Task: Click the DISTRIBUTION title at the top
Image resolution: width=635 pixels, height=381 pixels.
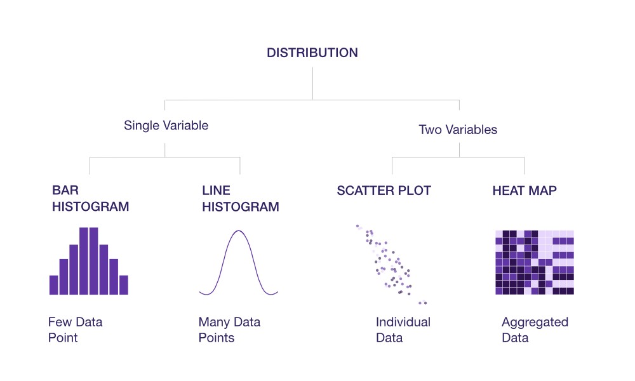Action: tap(312, 53)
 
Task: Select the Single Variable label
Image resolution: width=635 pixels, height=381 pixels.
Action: tap(166, 126)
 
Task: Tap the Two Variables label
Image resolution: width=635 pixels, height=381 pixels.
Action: tap(458, 130)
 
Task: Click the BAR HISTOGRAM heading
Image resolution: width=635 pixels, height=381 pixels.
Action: tap(90, 198)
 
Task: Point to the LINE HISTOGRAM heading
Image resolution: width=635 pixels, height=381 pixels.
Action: tap(241, 198)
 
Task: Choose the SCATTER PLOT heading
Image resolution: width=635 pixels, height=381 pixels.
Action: tap(384, 190)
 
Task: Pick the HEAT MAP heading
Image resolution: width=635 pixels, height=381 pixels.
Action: tap(525, 190)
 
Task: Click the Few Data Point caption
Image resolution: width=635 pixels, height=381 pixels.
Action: tap(76, 330)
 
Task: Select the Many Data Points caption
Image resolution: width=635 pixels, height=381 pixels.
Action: tap(229, 330)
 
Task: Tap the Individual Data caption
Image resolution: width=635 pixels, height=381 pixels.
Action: tap(403, 330)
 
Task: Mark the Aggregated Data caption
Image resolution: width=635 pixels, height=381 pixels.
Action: tap(535, 330)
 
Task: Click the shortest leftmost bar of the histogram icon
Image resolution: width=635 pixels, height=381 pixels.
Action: tap(54, 285)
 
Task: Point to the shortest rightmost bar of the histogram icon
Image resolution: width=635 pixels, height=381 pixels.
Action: tap(124, 285)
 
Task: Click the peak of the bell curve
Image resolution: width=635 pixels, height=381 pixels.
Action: tap(239, 231)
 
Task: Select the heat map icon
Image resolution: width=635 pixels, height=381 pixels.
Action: tap(535, 262)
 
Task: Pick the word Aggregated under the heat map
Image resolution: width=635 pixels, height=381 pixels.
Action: tap(535, 323)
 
